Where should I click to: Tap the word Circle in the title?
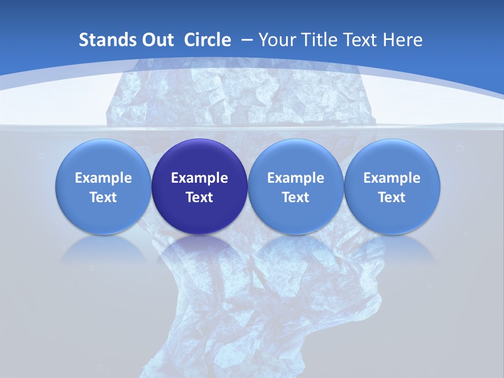(207, 40)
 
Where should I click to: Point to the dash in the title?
(247, 40)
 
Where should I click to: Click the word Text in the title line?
(361, 40)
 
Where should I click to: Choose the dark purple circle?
(199, 186)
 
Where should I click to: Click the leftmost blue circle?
(103, 186)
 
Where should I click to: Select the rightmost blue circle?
(392, 186)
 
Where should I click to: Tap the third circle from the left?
(296, 186)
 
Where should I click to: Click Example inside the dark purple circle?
(199, 178)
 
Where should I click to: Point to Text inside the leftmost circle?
(103, 197)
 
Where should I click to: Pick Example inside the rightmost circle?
(392, 178)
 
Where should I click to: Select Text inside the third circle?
(296, 197)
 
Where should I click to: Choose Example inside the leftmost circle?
(103, 178)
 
